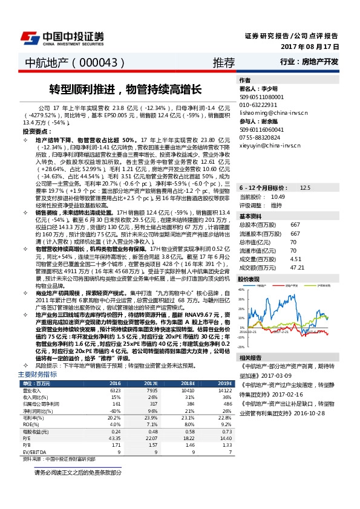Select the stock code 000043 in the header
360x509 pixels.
click(100, 63)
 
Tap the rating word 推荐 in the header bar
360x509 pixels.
click(223, 63)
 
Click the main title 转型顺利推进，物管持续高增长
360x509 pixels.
click(125, 89)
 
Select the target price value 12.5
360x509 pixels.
click(305, 171)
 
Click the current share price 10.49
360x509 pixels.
click(278, 180)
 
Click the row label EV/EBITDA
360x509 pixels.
click(33, 451)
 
